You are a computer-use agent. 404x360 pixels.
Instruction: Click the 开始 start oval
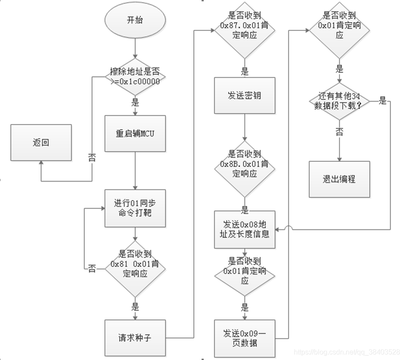pyautogui.click(x=135, y=20)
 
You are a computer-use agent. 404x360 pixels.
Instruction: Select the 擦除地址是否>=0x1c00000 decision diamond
pyautogui.click(x=135, y=76)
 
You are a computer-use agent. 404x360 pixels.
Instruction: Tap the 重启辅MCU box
pyautogui.click(x=135, y=133)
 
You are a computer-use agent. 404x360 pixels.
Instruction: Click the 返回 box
pyautogui.click(x=41, y=143)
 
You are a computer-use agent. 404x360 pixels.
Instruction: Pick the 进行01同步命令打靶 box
pyautogui.click(x=135, y=208)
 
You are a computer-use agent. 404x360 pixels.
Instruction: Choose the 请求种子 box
pyautogui.click(x=135, y=338)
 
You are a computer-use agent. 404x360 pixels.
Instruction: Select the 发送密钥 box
pyautogui.click(x=244, y=96)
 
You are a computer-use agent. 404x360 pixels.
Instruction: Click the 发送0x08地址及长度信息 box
pyautogui.click(x=244, y=229)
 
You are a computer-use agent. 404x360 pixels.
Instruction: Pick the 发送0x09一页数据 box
pyautogui.click(x=244, y=338)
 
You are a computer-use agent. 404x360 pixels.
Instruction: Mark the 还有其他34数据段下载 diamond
pyautogui.click(x=339, y=102)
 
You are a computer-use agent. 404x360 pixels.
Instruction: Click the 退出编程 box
pyautogui.click(x=339, y=179)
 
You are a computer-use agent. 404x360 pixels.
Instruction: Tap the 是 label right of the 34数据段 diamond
pyautogui.click(x=382, y=101)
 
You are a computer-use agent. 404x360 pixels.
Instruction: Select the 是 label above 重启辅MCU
pyautogui.click(x=135, y=103)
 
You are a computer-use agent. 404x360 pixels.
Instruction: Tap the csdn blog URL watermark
pyautogui.click(x=346, y=351)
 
